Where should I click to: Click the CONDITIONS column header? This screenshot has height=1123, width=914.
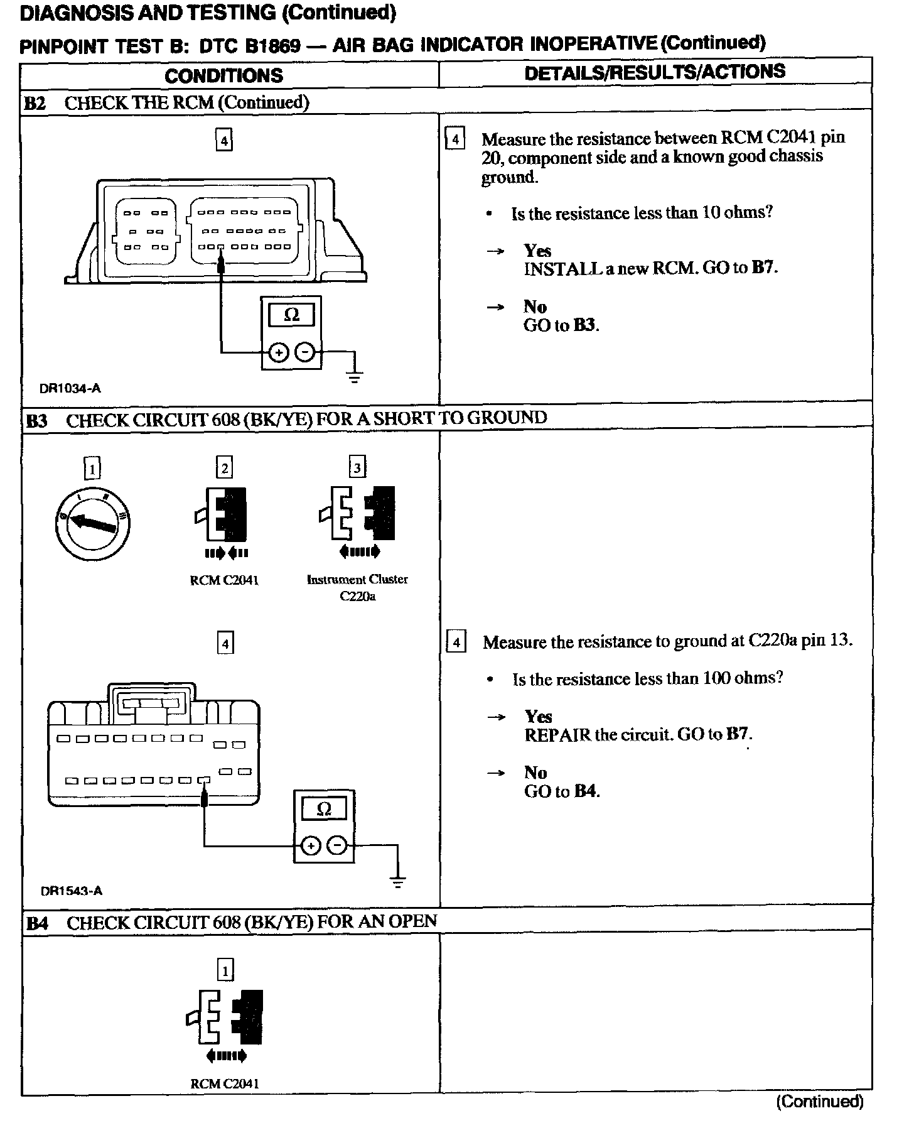(223, 76)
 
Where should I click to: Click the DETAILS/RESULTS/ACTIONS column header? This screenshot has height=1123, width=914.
(655, 72)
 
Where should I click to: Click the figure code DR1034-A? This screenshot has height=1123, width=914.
(70, 388)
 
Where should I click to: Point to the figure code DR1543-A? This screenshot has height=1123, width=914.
(71, 891)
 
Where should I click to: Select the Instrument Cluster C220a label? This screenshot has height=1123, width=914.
(357, 587)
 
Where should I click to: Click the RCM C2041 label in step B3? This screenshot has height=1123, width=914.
(224, 580)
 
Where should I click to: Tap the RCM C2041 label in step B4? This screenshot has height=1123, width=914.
(224, 1083)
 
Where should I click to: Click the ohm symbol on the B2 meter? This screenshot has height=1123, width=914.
(291, 315)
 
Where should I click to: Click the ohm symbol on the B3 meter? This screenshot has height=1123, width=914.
(324, 810)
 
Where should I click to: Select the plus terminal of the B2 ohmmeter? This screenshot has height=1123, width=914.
(277, 354)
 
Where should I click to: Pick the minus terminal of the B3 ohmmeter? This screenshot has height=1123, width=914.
(337, 847)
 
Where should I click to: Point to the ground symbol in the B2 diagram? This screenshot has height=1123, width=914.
(355, 377)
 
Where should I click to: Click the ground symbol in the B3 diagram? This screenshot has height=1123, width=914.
(397, 881)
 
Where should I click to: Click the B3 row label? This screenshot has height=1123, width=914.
(36, 420)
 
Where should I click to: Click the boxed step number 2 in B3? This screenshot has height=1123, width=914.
(224, 468)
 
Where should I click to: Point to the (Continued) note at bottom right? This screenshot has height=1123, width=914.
(820, 1102)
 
